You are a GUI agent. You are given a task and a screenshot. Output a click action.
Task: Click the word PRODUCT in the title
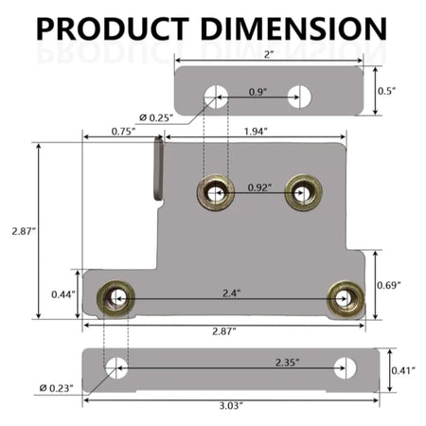tap(113, 28)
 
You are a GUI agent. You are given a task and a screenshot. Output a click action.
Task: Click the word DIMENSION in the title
tap(293, 28)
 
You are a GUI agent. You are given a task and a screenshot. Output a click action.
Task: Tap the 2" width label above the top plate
tap(269, 54)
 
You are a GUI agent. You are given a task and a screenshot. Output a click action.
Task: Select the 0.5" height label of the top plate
tap(386, 91)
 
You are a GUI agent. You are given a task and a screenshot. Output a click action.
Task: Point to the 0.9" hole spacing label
tap(257, 92)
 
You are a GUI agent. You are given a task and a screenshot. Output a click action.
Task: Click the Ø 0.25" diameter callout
tap(156, 118)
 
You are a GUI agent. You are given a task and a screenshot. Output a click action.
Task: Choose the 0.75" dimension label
tap(123, 132)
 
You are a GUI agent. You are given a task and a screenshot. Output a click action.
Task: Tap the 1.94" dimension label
tap(256, 132)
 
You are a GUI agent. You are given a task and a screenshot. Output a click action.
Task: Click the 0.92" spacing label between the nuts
tap(259, 187)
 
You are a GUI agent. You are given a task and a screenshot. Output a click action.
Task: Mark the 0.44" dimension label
tap(63, 294)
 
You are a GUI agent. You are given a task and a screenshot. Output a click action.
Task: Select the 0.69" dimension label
tap(389, 285)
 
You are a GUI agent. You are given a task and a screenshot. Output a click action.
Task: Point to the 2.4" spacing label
tap(232, 293)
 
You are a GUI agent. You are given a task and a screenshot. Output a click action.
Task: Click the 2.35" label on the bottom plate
tap(288, 363)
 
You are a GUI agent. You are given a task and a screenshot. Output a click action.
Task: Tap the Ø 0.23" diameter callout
tap(56, 388)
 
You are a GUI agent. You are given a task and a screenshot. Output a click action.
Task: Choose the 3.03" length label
tap(231, 405)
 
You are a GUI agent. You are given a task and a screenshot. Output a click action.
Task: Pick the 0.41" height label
tap(403, 370)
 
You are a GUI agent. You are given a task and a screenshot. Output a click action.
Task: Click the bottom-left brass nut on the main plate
tap(115, 298)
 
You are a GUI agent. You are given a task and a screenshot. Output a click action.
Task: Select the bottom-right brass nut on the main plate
tap(346, 299)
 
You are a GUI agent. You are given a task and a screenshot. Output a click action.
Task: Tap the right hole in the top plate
tap(299, 97)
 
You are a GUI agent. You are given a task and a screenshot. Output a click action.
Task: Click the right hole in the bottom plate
tap(345, 368)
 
